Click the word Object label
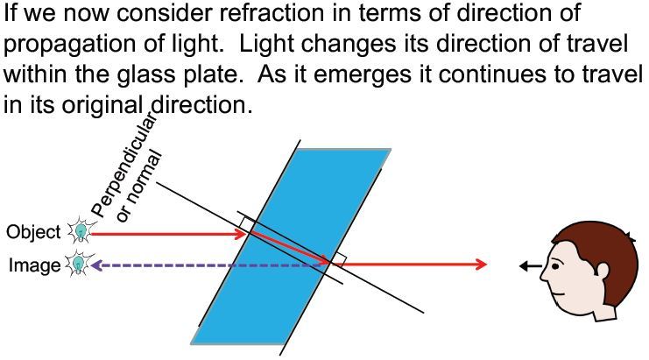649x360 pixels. [33, 232]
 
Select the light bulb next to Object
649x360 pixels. [80, 232]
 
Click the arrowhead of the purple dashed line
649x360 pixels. [95, 265]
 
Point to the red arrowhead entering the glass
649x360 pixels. [243, 234]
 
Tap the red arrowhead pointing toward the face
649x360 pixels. [481, 265]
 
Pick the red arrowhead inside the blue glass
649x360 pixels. [326, 260]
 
